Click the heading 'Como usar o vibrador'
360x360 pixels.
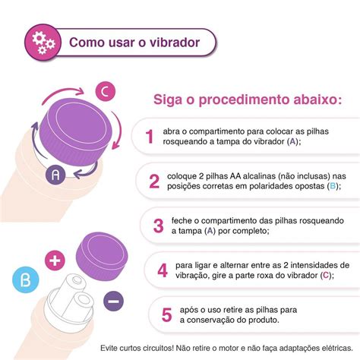click(134, 42)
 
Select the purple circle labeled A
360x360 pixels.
click(54, 174)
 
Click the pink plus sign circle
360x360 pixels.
click(54, 258)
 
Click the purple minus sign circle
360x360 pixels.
click(111, 302)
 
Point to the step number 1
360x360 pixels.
click(150, 136)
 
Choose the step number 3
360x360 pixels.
click(158, 226)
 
